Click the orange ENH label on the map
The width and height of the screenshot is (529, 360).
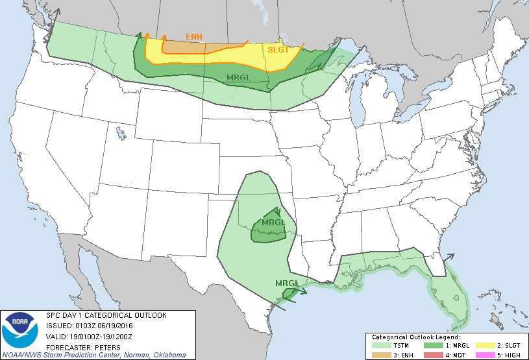coord(193,36)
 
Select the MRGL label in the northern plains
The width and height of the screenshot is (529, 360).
coord(239,78)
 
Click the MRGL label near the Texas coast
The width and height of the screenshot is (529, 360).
coord(287,283)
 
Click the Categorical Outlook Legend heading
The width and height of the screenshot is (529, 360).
coord(415,337)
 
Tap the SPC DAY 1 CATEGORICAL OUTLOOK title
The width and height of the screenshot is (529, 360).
coord(106,316)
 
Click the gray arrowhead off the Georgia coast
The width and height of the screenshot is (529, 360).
coord(449,256)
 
